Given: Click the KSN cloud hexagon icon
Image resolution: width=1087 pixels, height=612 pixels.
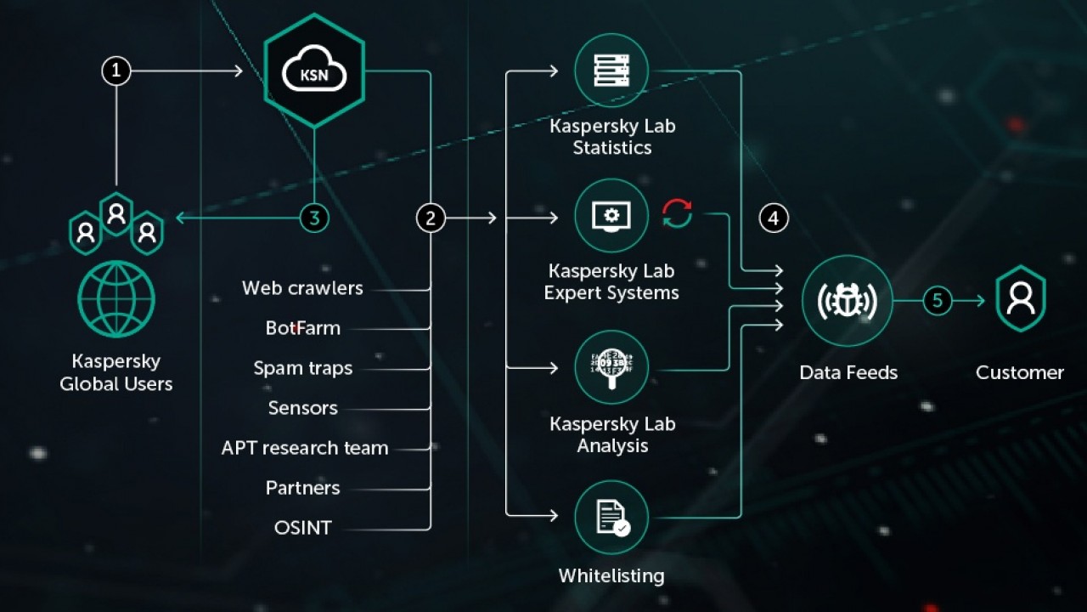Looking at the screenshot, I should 314,71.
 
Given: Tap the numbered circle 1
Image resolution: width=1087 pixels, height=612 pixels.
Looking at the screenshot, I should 116,71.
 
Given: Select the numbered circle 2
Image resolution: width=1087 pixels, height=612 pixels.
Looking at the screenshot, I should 431,218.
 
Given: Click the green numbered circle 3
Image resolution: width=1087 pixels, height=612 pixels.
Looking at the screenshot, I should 314,218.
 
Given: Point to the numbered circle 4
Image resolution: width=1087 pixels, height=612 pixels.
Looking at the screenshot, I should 773,218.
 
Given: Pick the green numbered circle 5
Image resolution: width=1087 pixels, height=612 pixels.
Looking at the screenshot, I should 938,300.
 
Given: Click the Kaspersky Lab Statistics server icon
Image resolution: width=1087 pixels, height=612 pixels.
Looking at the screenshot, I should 611,71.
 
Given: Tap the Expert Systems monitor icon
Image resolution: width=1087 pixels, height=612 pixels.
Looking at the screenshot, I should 611,216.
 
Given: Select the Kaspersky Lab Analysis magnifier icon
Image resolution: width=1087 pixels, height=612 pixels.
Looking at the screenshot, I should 611,367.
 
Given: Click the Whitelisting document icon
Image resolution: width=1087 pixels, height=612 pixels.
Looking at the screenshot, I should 611,517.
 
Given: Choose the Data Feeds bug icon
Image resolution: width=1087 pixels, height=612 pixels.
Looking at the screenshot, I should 847,300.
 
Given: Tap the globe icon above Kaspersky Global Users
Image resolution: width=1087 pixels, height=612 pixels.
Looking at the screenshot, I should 116,299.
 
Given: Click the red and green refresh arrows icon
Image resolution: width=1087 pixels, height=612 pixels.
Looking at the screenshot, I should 677,213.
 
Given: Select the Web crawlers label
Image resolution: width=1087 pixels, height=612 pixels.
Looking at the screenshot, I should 302,288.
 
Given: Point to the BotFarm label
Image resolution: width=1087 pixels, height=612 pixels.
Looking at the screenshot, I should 302,328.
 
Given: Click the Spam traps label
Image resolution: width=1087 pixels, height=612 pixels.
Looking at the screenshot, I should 302,368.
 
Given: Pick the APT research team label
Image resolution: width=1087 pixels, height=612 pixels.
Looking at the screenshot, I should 305,448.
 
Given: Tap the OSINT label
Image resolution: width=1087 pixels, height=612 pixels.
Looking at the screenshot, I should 302,528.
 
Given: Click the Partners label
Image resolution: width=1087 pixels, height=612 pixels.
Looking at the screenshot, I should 302,488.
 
